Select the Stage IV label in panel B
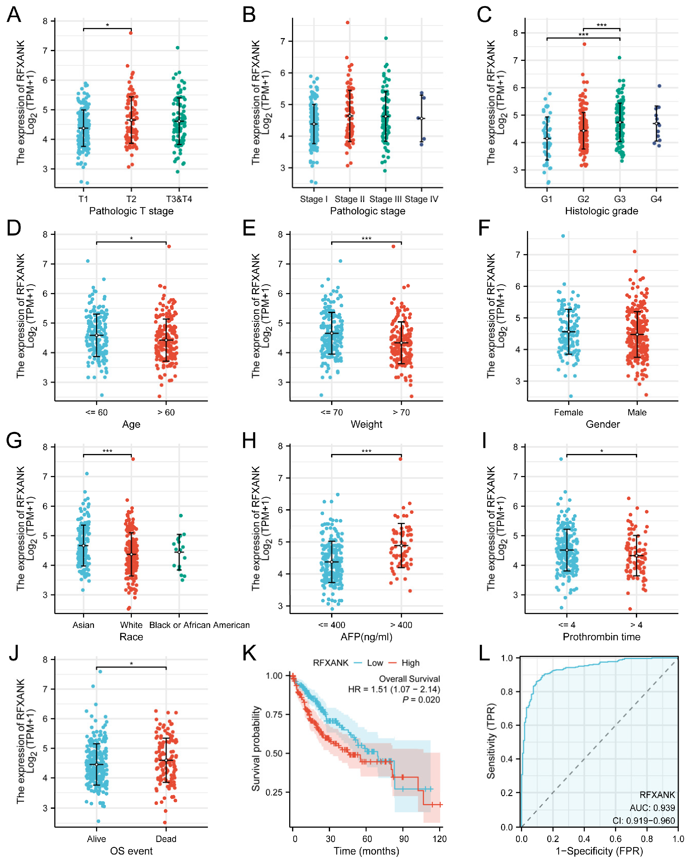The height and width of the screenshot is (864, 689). (x=421, y=199)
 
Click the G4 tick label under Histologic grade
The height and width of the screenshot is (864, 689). (x=656, y=199)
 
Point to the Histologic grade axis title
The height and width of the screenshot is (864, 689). (x=601, y=211)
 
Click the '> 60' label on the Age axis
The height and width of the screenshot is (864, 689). (x=166, y=412)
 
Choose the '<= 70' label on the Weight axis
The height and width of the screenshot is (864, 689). (x=332, y=412)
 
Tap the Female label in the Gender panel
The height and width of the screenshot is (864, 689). (x=568, y=412)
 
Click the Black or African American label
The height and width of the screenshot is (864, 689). (x=199, y=625)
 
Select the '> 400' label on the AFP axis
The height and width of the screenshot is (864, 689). (x=401, y=625)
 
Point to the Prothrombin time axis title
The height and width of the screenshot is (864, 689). (x=601, y=637)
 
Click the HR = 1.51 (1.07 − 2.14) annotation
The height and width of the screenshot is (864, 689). (x=394, y=689)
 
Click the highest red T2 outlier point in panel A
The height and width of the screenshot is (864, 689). (x=131, y=33)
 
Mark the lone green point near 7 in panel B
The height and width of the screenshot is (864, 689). (x=386, y=38)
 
